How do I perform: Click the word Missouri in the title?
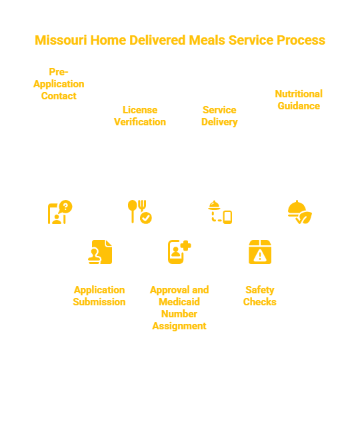tap(61, 40)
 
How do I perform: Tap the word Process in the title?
tap(301, 40)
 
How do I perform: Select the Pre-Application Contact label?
tap(59, 84)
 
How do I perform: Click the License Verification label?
tap(140, 116)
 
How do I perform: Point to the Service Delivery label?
tap(219, 116)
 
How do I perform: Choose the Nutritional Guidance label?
tap(299, 100)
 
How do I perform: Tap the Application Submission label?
tap(99, 296)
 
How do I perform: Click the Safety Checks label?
tap(260, 296)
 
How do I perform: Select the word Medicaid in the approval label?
tap(179, 302)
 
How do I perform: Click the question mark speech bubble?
tap(65, 207)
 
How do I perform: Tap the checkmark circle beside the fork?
tap(146, 218)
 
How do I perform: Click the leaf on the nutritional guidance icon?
tap(305, 217)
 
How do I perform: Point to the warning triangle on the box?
tap(260, 256)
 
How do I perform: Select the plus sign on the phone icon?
tap(185, 245)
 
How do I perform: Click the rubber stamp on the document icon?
tap(95, 256)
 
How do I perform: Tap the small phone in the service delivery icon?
tap(227, 217)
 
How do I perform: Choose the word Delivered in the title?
tap(157, 40)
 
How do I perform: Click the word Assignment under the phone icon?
tap(179, 326)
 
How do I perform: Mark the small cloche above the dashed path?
tap(214, 205)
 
